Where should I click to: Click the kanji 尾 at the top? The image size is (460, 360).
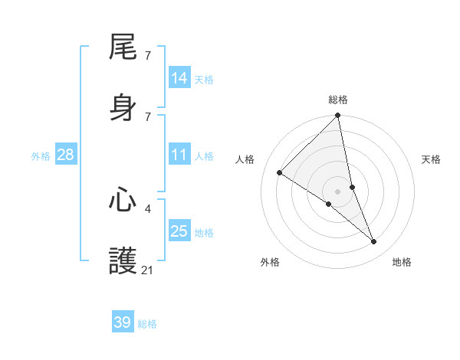(123, 47)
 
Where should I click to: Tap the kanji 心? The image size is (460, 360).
(123, 200)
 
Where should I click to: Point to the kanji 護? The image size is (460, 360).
(123, 260)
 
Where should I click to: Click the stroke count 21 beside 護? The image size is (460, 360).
(147, 270)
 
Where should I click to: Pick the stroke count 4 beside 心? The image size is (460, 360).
(147, 208)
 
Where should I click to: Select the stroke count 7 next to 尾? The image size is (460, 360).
(147, 55)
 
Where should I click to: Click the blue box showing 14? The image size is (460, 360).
(179, 78)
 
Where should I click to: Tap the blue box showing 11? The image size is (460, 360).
(179, 155)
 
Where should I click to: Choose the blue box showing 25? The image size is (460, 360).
(179, 231)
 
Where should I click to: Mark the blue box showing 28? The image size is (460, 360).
(66, 155)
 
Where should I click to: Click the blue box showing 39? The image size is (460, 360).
(123, 322)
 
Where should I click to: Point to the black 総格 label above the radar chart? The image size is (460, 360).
(338, 100)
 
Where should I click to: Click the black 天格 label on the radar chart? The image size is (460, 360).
(432, 159)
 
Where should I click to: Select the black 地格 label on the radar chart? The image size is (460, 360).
(402, 262)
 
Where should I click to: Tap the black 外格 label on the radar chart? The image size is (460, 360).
(270, 262)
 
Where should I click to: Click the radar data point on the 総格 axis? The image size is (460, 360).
(338, 116)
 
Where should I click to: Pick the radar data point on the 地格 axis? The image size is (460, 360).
(374, 242)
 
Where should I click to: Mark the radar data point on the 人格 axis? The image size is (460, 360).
(280, 173)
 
